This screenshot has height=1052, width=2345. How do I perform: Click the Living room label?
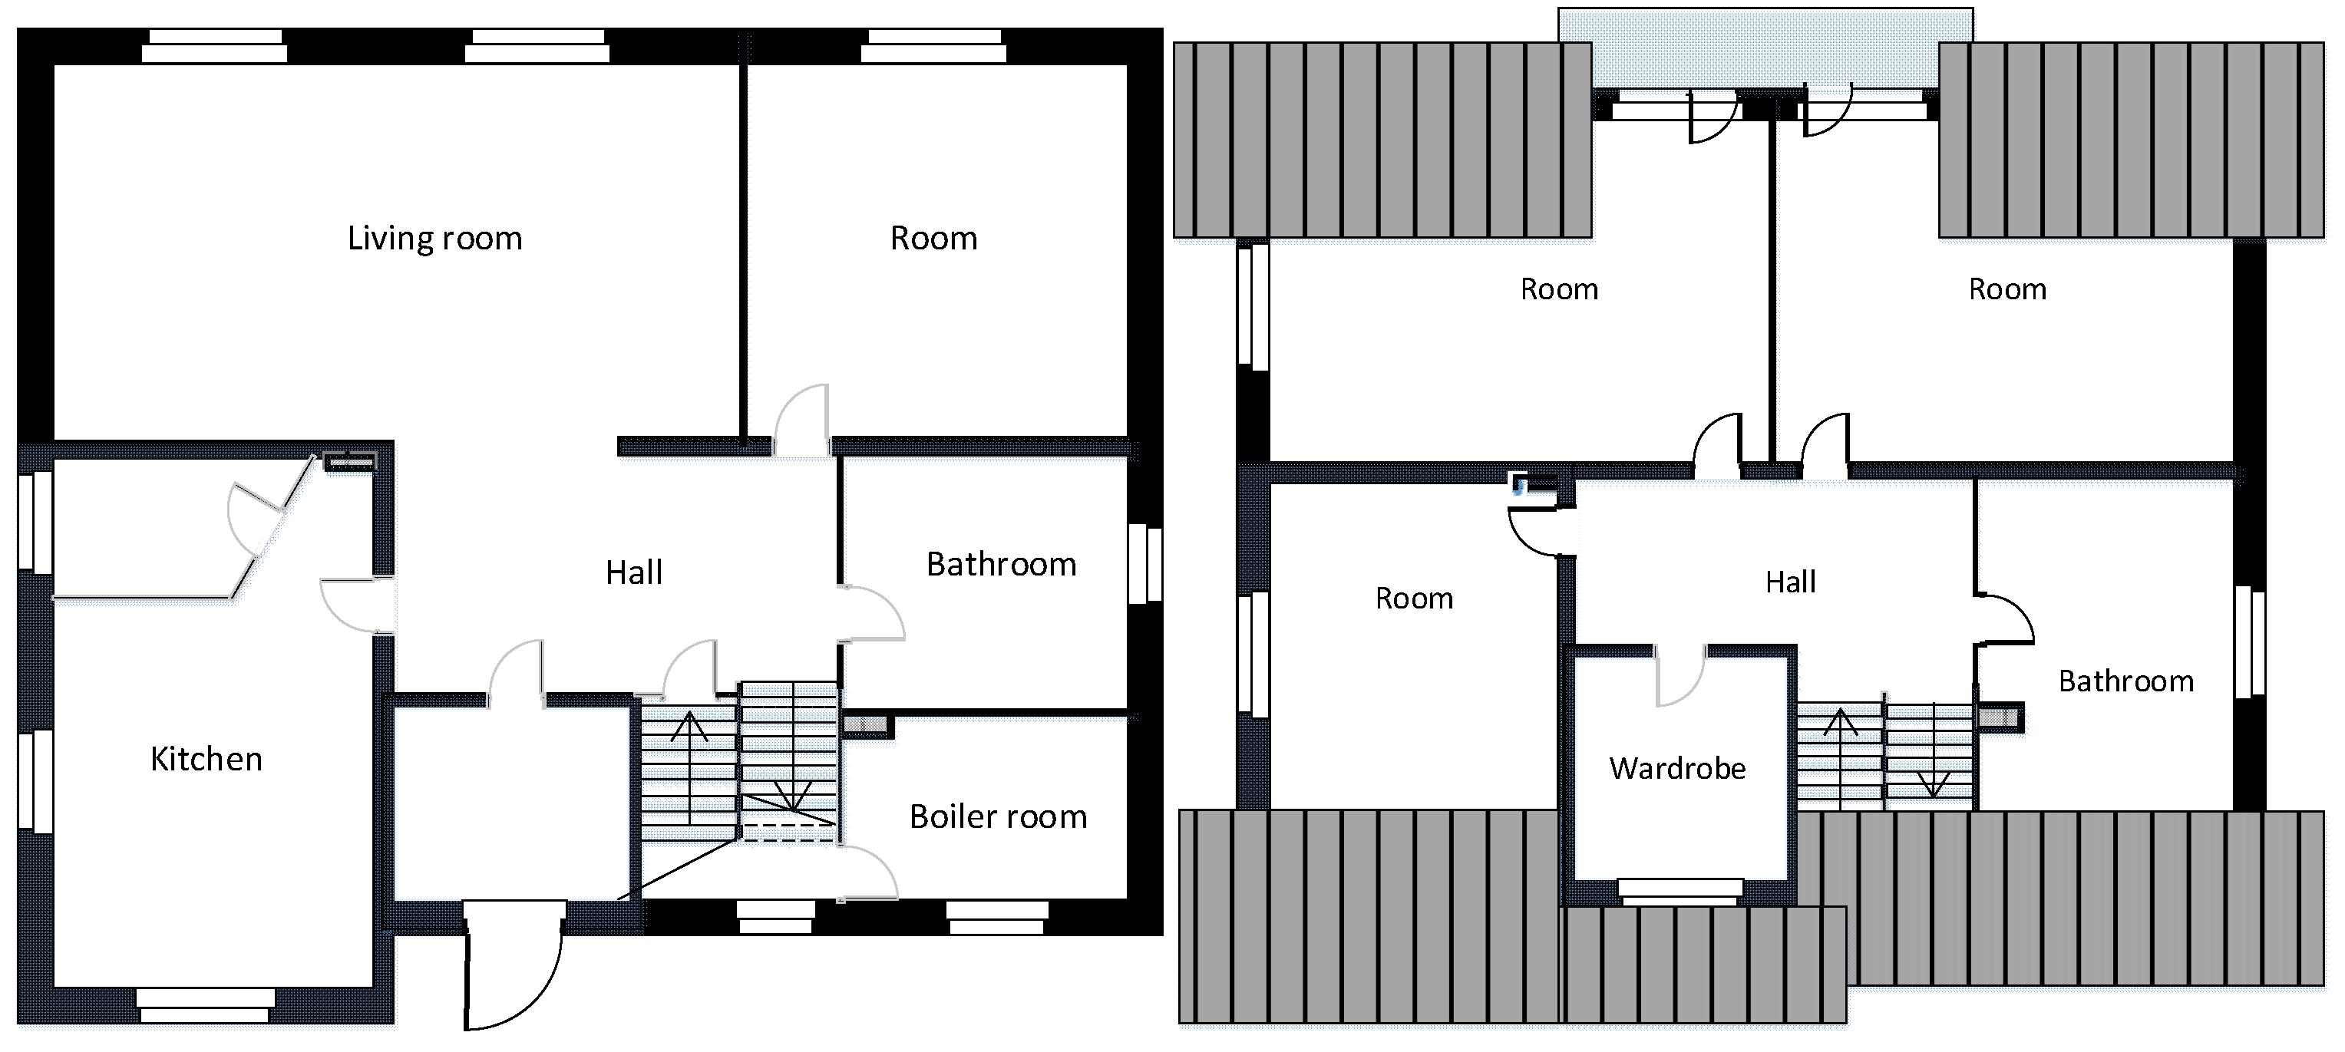(x=435, y=239)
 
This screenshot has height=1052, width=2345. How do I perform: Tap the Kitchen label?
(x=206, y=759)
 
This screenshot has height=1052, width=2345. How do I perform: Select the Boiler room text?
(x=999, y=816)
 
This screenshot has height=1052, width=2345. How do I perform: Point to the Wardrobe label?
(x=1678, y=768)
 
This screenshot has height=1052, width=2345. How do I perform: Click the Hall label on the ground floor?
(x=635, y=572)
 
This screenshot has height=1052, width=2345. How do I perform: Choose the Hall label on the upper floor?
(x=1791, y=582)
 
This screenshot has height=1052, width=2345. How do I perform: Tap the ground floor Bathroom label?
(x=1002, y=564)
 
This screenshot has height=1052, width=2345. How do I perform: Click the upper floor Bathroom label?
(x=2126, y=681)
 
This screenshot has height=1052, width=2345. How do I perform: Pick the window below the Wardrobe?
(x=1680, y=892)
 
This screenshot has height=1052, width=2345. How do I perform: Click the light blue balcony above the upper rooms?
(x=1765, y=48)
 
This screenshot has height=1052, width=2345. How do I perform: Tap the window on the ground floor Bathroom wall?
(x=1145, y=563)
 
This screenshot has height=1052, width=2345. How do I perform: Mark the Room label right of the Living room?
(x=934, y=239)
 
